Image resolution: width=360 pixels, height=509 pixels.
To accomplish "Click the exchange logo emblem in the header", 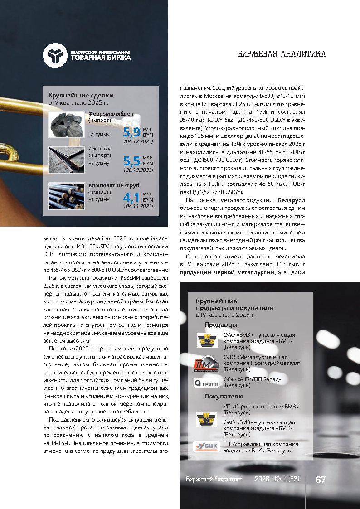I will coord(55,55).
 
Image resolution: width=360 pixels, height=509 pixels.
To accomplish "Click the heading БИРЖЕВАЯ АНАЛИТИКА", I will coord(282,54).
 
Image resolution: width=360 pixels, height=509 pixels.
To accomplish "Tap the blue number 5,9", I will coord(131,132).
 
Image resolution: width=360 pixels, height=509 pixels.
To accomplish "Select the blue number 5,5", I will coord(131,161).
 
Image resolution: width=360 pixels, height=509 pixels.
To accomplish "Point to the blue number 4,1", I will coord(131,197).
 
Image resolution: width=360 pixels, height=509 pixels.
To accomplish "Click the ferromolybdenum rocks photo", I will coord(67,125).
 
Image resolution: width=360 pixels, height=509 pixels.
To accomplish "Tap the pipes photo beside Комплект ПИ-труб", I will coord(67,196).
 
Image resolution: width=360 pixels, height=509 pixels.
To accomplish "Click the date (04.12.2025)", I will coord(138,141).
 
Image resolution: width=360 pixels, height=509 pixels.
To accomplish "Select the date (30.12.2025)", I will coord(138,170).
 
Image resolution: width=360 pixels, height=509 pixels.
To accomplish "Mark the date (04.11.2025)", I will coord(138,206).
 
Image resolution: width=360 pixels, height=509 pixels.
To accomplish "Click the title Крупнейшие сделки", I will coord(81,96).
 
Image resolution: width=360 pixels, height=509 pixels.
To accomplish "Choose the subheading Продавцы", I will coord(220,325).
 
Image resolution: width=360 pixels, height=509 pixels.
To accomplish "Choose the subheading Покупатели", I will coord(224,396).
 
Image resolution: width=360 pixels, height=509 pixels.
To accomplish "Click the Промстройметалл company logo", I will coord(207,364).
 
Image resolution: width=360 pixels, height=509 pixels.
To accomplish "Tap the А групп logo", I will coord(207,383).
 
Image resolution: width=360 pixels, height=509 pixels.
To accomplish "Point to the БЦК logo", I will coord(207,446).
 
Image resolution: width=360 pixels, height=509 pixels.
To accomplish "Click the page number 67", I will coord(321,480).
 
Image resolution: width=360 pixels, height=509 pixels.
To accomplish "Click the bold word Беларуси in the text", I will coord(291,200).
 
